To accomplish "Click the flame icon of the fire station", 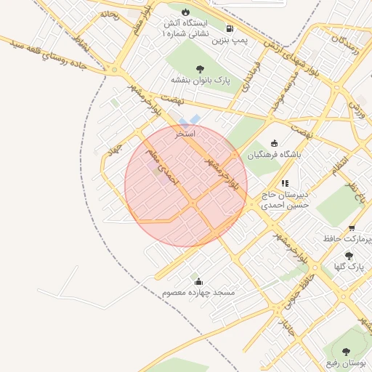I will coord(186,12).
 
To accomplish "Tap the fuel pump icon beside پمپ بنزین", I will coord(230,29).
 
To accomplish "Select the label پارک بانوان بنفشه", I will coord(201,80).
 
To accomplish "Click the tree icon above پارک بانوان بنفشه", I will coord(201,69).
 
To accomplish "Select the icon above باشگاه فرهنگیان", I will coord(274,143).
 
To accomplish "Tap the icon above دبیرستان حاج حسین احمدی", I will coord(286,184).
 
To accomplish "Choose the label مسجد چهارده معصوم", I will coord(199,293).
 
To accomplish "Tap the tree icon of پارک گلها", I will coord(349,256).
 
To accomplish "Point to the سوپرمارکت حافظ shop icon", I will coord(352,227).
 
